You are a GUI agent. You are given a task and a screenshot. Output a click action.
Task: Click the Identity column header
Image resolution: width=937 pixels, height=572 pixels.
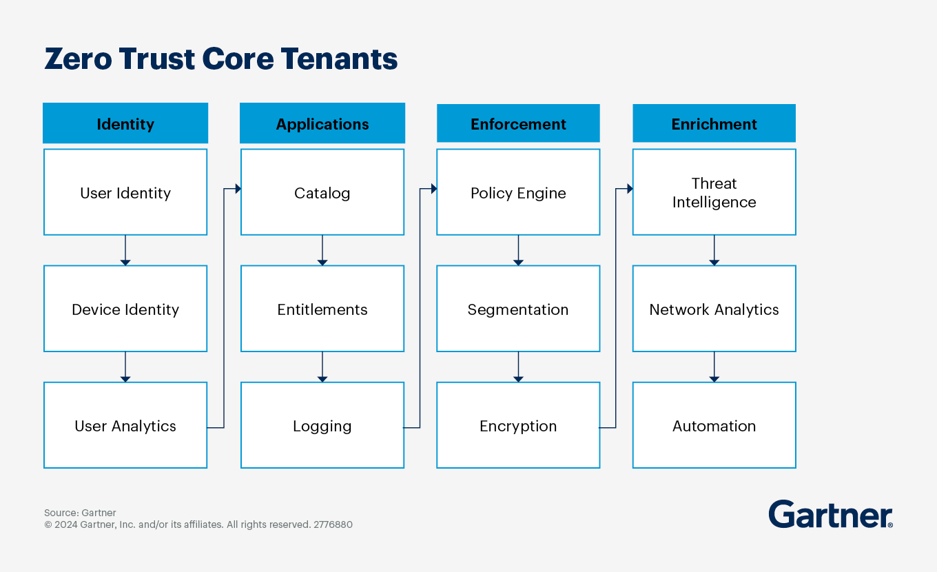(x=125, y=124)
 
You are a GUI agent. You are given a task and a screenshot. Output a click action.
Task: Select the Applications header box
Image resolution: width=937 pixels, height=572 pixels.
(x=322, y=124)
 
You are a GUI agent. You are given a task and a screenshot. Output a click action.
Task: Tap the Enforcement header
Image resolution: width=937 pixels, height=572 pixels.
(x=518, y=124)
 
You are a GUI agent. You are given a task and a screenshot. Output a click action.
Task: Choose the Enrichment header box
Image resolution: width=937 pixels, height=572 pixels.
(x=714, y=124)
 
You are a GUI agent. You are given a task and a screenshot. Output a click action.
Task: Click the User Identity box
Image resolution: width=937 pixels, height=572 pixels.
(x=125, y=192)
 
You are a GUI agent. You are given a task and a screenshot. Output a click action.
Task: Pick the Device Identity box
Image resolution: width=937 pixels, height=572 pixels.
(x=125, y=309)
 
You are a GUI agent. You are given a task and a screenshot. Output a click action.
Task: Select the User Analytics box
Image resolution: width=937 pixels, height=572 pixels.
(x=125, y=425)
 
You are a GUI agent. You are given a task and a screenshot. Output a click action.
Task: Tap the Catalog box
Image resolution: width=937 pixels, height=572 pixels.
(x=322, y=192)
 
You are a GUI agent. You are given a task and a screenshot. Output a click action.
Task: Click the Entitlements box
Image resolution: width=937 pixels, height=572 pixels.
(x=322, y=309)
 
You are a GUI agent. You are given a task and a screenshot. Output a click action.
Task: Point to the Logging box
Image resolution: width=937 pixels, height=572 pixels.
(x=322, y=425)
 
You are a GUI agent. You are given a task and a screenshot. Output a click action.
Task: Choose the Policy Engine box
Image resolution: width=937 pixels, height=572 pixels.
(x=518, y=192)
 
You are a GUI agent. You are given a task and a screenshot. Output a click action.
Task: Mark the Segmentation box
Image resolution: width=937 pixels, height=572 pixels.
(x=518, y=309)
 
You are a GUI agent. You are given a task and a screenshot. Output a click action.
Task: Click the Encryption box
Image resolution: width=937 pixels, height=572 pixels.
(x=518, y=425)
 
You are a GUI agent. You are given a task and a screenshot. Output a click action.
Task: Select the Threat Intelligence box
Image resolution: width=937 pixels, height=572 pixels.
(x=714, y=192)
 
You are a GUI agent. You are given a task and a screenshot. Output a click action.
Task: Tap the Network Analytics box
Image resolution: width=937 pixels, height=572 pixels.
(x=714, y=309)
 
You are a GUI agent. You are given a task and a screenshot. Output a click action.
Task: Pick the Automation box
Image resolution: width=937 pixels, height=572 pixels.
(x=714, y=425)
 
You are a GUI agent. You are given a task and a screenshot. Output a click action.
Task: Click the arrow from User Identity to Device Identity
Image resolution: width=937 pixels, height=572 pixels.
(x=125, y=250)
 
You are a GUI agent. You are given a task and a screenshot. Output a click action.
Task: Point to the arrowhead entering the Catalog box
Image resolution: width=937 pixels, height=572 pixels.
(x=238, y=189)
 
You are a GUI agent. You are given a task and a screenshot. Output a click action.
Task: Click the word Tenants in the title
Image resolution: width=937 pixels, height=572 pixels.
(x=339, y=59)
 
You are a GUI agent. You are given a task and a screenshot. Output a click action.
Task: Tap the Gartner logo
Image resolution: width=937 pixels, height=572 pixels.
(x=830, y=514)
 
